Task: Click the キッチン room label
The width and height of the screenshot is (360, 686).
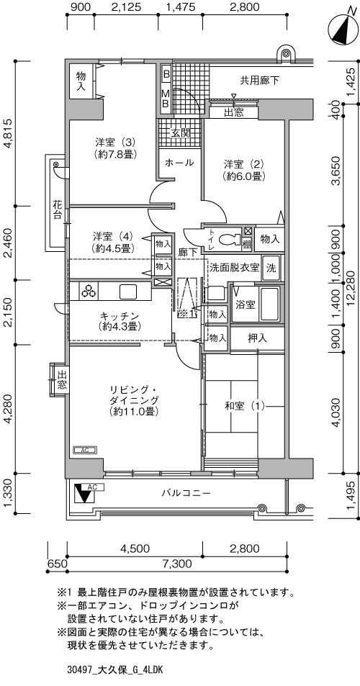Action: point(120,321)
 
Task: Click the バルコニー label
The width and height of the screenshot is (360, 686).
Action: point(186,493)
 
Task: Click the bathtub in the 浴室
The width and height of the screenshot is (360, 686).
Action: point(269,304)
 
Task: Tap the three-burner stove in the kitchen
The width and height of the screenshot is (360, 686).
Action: point(89,291)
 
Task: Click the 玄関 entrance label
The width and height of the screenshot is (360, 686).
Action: point(180,133)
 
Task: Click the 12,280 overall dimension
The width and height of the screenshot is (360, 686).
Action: point(349,288)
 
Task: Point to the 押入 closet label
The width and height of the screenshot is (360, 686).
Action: point(257,338)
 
